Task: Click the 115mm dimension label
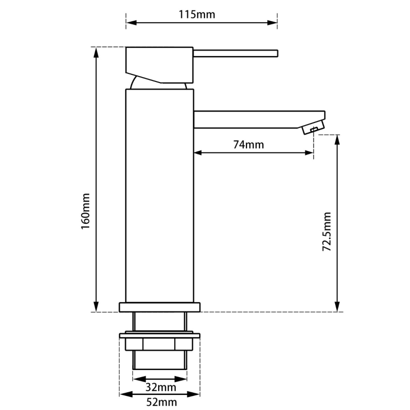point(197,14)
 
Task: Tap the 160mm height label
point(86,211)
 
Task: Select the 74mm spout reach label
point(248,144)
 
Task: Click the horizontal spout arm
point(251,119)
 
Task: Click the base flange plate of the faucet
point(159,307)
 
